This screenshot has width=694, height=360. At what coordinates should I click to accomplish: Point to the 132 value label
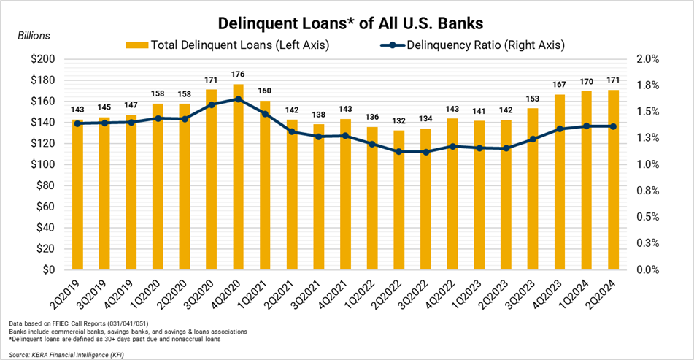coord(398,120)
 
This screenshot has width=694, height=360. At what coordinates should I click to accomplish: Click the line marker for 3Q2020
coord(211,105)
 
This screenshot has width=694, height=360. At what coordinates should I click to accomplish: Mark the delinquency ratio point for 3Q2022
coord(425,152)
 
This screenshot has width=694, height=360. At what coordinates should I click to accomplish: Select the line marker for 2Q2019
coord(77,123)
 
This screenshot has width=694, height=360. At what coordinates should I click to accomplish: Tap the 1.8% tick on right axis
coord(649,85)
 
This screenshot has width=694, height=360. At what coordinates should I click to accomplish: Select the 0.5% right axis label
coord(649,217)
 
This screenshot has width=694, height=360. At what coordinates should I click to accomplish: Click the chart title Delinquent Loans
coord(346,17)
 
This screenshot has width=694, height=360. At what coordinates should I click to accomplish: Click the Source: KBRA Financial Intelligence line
coord(71,353)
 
